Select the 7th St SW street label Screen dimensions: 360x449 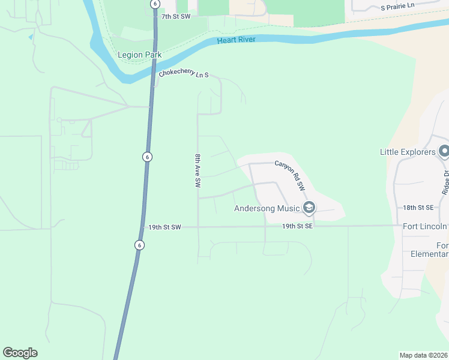[175, 17]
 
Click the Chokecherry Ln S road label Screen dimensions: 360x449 [184, 74]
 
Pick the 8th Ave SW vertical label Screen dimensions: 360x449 [197, 171]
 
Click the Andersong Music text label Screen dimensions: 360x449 [267, 209]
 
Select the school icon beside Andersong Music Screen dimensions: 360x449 [309, 208]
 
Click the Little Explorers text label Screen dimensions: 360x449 [407, 152]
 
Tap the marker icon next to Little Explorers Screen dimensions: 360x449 [444, 151]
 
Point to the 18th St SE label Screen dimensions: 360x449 [418, 207]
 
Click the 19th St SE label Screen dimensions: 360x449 [297, 227]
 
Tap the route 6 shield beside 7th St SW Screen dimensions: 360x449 [155, 4]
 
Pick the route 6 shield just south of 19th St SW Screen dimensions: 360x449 [139, 245]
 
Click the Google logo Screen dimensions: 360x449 [20, 353]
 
